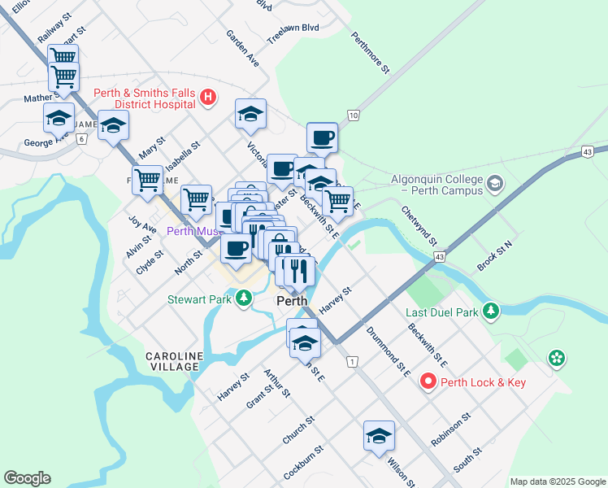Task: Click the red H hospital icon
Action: [x=207, y=98]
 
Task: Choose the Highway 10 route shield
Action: [x=353, y=115]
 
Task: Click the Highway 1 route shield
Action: [x=351, y=360]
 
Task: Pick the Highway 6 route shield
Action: [x=81, y=138]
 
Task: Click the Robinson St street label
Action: [x=451, y=429]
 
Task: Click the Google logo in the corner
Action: [x=27, y=478]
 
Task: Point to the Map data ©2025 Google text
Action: [x=558, y=481]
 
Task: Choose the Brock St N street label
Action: [x=496, y=255]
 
